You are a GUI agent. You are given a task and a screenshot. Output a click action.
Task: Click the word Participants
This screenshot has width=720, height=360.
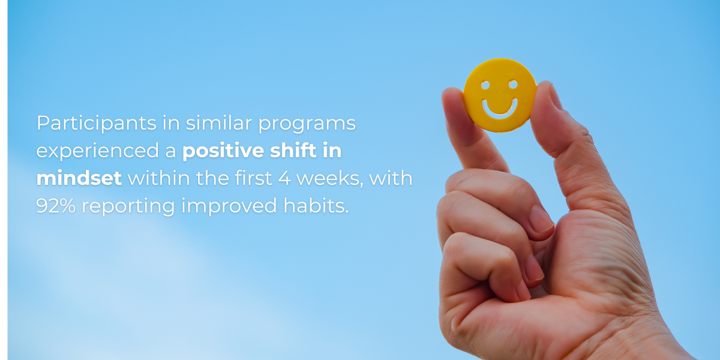click(97, 124)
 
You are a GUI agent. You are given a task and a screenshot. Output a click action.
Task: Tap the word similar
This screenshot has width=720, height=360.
click(218, 122)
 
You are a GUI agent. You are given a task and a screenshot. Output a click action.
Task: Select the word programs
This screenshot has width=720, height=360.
click(307, 124)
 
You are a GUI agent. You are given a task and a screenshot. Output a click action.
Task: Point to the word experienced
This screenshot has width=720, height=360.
click(97, 151)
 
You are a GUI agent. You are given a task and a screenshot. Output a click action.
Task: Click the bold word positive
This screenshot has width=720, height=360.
click(223, 151)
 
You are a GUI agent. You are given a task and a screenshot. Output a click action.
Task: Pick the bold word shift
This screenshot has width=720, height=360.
click(293, 150)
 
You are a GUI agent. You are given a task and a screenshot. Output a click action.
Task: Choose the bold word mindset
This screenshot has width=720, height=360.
click(79, 178)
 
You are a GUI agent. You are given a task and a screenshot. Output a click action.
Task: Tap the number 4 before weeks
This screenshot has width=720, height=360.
click(284, 178)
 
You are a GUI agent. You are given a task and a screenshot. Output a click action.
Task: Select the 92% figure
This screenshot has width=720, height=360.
click(56, 206)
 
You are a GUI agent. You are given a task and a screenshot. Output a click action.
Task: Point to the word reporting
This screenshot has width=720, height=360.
click(128, 207)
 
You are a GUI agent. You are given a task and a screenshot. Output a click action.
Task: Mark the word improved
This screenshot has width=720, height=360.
click(229, 207)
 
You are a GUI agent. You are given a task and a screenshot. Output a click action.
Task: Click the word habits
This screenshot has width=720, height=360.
click(316, 205)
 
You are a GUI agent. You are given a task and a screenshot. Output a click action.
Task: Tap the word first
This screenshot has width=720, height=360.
click(253, 178)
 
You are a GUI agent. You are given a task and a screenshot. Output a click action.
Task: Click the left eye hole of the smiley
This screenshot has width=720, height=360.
click(485, 85)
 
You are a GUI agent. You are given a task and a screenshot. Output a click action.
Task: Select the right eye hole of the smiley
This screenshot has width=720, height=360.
click(513, 84)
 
